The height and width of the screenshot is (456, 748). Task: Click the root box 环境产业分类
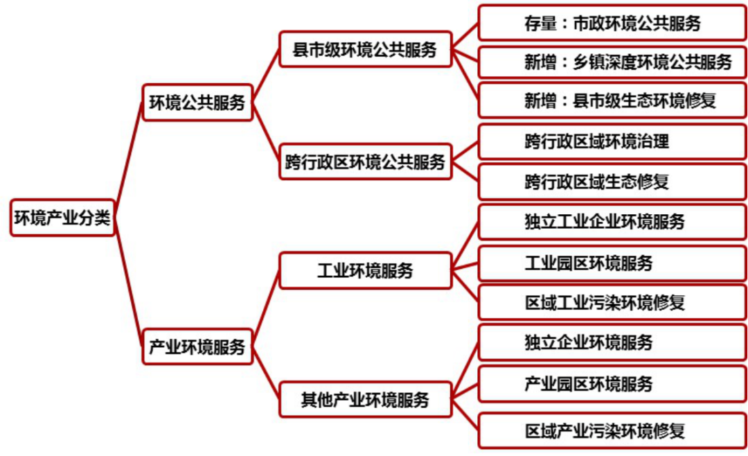click(62, 218)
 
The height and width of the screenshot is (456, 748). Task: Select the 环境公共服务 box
click(197, 103)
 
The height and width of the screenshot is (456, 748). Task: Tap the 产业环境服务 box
click(197, 347)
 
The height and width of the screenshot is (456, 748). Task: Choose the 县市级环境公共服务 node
click(365, 49)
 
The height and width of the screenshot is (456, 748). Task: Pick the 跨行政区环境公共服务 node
click(365, 162)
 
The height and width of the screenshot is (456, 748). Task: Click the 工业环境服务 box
click(365, 270)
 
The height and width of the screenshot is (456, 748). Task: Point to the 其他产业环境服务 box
click(365, 399)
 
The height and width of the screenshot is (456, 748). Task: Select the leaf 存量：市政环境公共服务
click(612, 23)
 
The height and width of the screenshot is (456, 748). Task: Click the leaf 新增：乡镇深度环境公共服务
click(612, 62)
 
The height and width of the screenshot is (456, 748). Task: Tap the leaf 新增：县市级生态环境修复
click(612, 101)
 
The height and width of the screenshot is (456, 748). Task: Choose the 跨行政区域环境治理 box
click(612, 141)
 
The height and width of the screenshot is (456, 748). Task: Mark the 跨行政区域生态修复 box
click(612, 182)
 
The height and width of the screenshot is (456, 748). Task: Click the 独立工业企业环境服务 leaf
click(612, 222)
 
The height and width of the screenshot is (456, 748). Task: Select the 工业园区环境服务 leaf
click(612, 263)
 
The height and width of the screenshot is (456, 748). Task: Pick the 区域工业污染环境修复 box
click(612, 303)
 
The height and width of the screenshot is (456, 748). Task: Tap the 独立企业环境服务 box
click(612, 342)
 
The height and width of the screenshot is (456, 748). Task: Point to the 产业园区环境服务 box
click(612, 383)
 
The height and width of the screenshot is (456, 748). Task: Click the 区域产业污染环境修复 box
click(612, 431)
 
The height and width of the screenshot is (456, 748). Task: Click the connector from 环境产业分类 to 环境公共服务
click(128, 159)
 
